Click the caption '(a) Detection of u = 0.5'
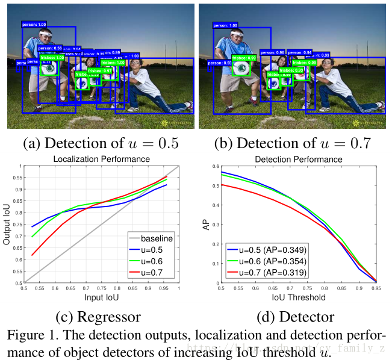[x=101, y=144]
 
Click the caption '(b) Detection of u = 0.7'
[x=293, y=144]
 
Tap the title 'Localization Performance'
[x=101, y=159]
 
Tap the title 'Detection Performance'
[x=299, y=159]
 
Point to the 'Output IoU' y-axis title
[x=8, y=225]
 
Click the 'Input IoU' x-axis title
[x=101, y=298]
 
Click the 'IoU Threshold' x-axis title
[x=299, y=298]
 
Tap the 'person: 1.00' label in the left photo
[x=34, y=25]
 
